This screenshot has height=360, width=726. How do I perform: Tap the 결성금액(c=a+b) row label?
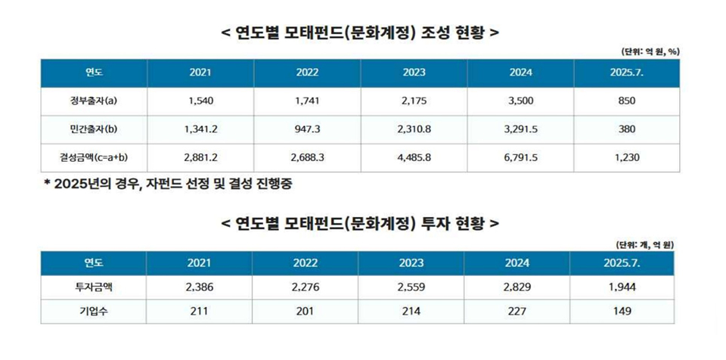pos(94,157)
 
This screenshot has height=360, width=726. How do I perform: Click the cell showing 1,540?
pos(201,101)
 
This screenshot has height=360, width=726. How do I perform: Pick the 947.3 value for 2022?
pos(307,129)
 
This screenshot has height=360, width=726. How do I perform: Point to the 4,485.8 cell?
pos(414,157)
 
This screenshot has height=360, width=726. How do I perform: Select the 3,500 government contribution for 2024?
pos(521,101)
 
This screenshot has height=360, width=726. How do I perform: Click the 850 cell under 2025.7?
pos(626,101)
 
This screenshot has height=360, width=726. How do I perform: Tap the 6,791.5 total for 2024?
pos(521,157)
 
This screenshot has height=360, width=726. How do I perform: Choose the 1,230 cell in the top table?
pos(626,157)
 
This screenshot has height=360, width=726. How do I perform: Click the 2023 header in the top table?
pos(414,73)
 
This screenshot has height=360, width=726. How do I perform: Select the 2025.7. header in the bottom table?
pos(626,262)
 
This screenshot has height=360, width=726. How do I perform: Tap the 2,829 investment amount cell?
pos(521,287)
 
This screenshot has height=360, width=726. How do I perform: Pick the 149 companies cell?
pos(626,310)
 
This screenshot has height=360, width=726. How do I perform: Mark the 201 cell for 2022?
pos(307,310)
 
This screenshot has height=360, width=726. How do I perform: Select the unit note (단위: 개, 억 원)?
pos(645,244)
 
